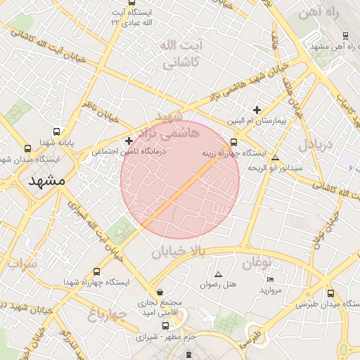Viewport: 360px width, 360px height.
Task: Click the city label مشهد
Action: coord(47,181)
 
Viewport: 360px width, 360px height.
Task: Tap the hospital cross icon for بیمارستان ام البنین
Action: coord(257,110)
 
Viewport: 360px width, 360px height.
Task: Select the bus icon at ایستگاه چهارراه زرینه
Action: coord(234,142)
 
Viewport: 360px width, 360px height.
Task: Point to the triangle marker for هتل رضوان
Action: coord(218,274)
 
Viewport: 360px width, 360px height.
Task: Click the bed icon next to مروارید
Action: coord(271,279)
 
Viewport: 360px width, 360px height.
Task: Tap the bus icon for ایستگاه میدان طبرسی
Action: coord(330,293)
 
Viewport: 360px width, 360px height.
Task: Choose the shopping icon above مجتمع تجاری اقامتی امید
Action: coord(160,292)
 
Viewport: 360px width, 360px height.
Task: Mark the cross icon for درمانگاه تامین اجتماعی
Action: coord(129,141)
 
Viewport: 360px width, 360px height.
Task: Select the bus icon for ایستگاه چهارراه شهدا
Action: coord(96,271)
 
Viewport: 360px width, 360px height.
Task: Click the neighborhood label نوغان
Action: coord(257,264)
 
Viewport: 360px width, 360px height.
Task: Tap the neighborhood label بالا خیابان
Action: coord(178,251)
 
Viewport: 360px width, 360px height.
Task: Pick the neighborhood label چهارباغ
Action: coord(108,314)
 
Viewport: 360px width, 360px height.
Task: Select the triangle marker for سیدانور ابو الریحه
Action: coord(275,157)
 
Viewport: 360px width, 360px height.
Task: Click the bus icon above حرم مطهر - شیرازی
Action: coord(165,326)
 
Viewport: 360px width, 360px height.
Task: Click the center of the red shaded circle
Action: coord(180,180)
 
